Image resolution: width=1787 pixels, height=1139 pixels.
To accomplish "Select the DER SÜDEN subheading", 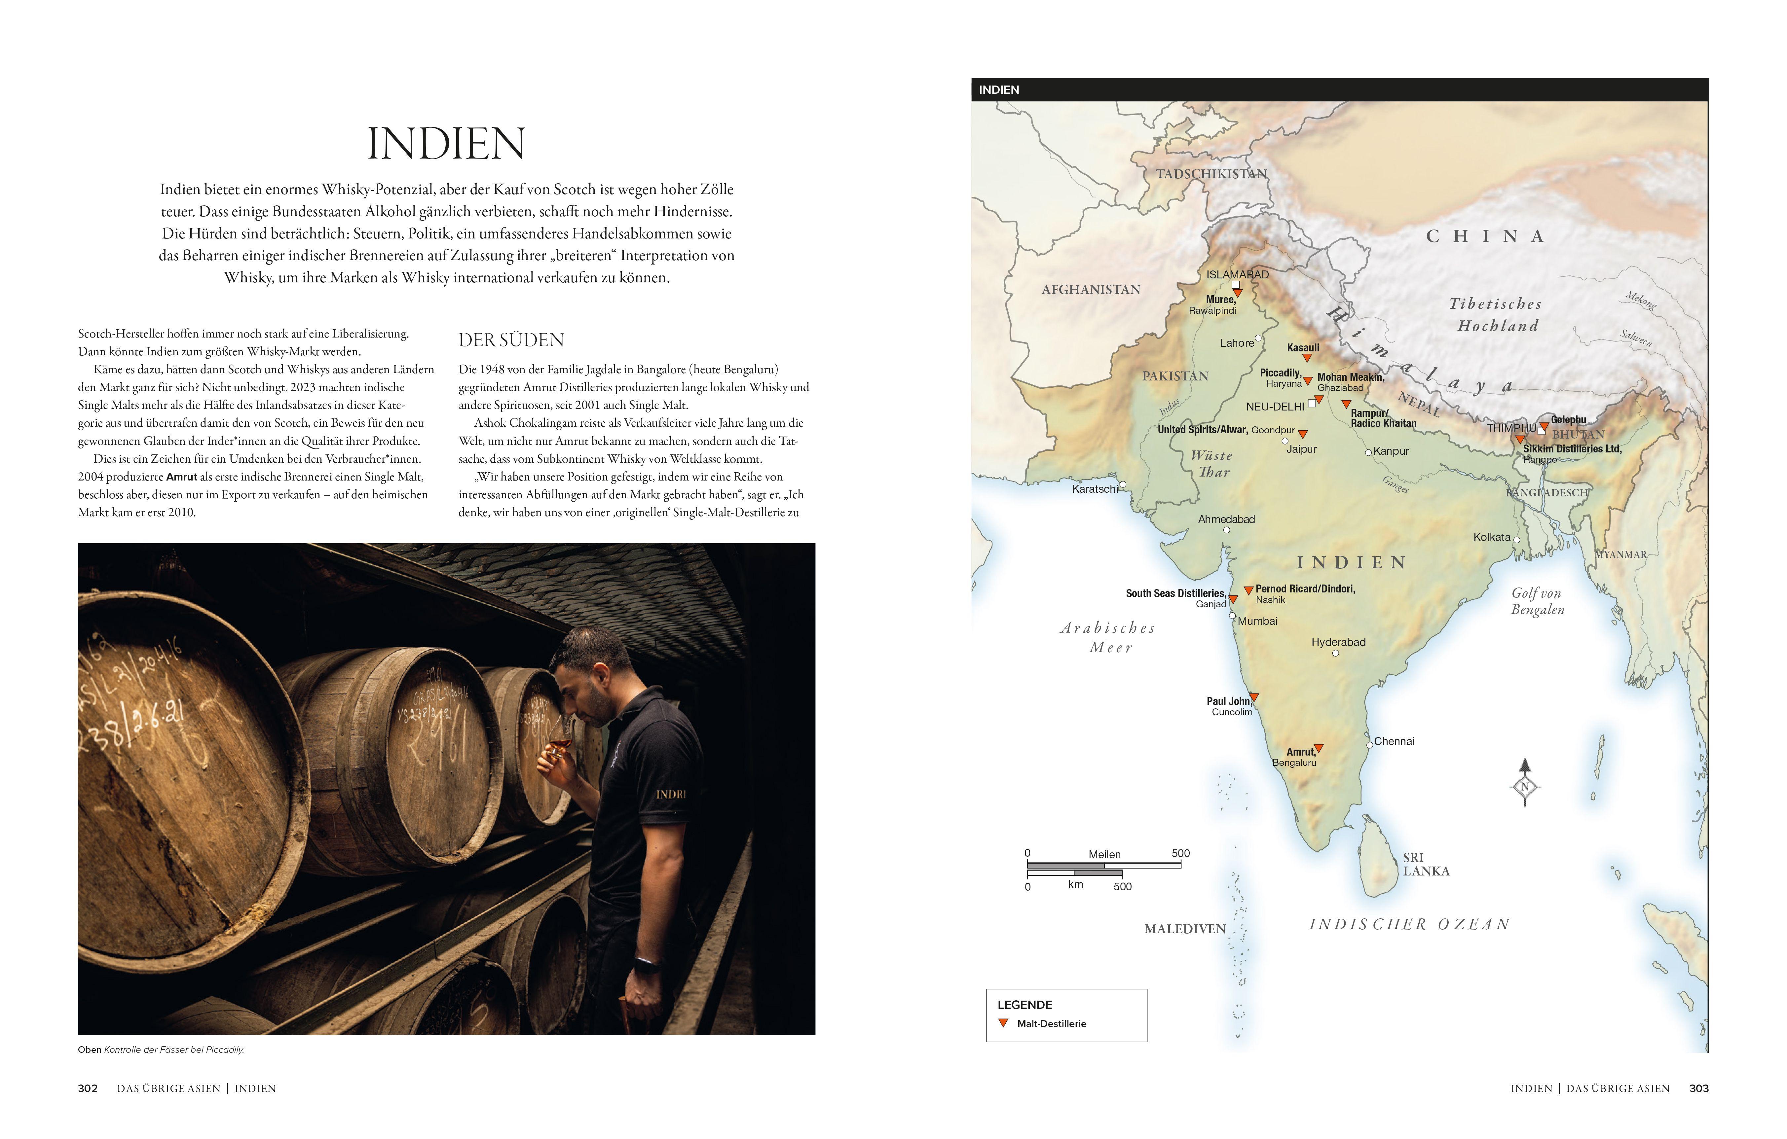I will [x=511, y=340].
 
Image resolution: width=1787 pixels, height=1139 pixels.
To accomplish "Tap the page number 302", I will [x=88, y=1088].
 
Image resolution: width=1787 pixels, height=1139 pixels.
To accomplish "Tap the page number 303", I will [x=1699, y=1088].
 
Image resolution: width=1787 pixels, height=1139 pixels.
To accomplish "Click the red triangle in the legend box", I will [x=1003, y=1023].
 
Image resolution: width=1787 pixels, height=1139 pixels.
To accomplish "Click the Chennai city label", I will [x=1394, y=741].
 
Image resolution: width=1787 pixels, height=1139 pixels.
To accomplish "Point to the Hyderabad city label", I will [x=1338, y=643].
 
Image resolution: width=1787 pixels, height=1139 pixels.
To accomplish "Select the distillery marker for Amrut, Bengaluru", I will [x=1319, y=749].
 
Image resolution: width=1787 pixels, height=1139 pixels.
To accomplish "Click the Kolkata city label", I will [x=1492, y=537].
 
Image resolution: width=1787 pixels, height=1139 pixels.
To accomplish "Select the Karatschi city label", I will [x=1095, y=489].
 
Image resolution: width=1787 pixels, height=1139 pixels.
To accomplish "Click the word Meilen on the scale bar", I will [x=1104, y=855].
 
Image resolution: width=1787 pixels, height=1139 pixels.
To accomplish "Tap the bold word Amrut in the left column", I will [x=182, y=477].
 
